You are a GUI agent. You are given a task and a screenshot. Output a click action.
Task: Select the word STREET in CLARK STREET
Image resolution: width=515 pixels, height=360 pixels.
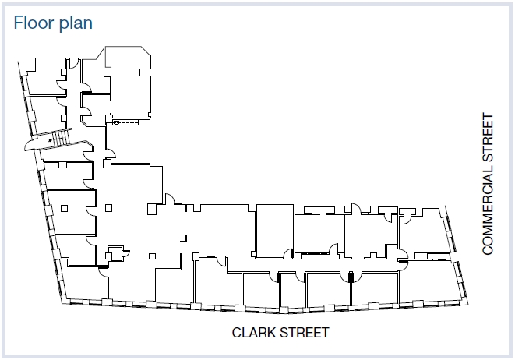click(305, 333)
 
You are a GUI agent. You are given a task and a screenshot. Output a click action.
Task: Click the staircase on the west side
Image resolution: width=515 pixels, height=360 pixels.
click(55, 140)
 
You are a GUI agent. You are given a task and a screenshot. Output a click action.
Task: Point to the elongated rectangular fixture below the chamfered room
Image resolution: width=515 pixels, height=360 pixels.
click(125, 122)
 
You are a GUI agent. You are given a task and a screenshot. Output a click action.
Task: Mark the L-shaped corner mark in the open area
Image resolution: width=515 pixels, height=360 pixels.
click(184, 237)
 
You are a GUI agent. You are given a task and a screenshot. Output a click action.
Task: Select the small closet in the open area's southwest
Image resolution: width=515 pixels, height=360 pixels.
click(117, 252)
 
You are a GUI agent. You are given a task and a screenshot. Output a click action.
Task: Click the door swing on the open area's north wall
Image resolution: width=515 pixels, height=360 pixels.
click(168, 200)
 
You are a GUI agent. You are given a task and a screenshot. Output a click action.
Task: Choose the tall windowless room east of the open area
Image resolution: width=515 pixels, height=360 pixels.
click(274, 230)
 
